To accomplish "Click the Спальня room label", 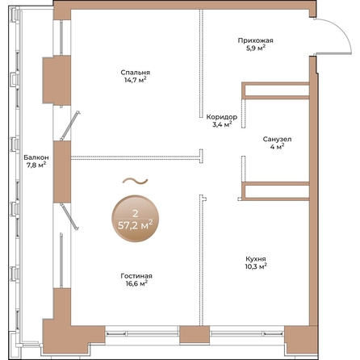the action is pos(135,73).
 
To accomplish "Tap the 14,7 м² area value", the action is pos(135,80).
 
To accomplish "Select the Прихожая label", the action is pos(255,40).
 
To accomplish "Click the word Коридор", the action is pos(222,117).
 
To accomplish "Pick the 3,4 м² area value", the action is pos(222,124).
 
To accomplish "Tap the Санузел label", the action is pos(277,140).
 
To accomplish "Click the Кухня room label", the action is pos(256,259).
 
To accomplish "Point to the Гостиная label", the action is pos(136,276).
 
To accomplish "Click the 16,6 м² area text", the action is pos(136,283).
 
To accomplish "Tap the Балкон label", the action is pos(36,157).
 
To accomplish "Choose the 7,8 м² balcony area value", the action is pos(36,165).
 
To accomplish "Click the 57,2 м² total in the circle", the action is pos(136,224).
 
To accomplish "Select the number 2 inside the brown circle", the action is pos(136,214).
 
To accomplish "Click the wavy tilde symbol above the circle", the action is pos(136,182).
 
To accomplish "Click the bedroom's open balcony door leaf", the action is pos(70,125).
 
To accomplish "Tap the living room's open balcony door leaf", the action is pos(69,217).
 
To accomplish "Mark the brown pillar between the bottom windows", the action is pos(195,334).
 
